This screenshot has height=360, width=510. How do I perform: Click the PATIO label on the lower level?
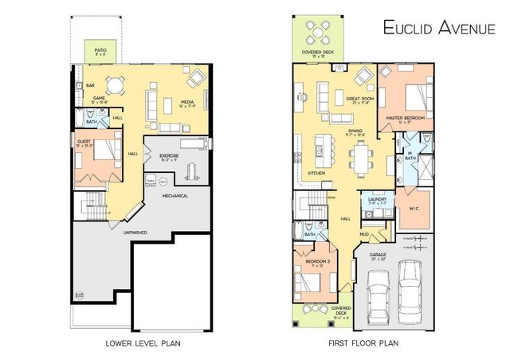[x=100, y=51]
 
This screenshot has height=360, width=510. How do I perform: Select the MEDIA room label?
[x=188, y=102]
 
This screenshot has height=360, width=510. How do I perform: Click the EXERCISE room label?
[x=168, y=156]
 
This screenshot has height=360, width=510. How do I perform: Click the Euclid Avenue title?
[x=440, y=28]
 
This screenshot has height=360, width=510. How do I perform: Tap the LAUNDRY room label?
[x=376, y=200]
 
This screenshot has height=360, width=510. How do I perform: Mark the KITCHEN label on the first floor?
[x=316, y=172]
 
